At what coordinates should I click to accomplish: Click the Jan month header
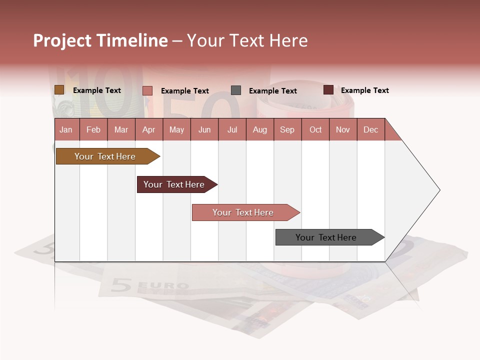coord(66,129)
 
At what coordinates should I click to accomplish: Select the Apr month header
coord(149,129)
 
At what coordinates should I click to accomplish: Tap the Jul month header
coord(232,129)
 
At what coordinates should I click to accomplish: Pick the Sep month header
coord(287,129)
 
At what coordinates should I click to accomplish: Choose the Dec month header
coord(370,129)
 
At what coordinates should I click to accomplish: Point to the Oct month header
coord(315,129)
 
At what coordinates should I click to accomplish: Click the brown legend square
coord(59,90)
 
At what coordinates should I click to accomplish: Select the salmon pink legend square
coord(147,90)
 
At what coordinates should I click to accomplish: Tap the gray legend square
coord(236,90)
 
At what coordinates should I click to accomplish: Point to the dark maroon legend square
coord(328,90)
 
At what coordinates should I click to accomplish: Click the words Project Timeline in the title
coord(100,40)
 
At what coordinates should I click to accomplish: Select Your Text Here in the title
coord(247,40)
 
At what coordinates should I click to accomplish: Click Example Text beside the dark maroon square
coord(364,90)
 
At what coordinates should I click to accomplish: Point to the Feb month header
coord(93,129)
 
